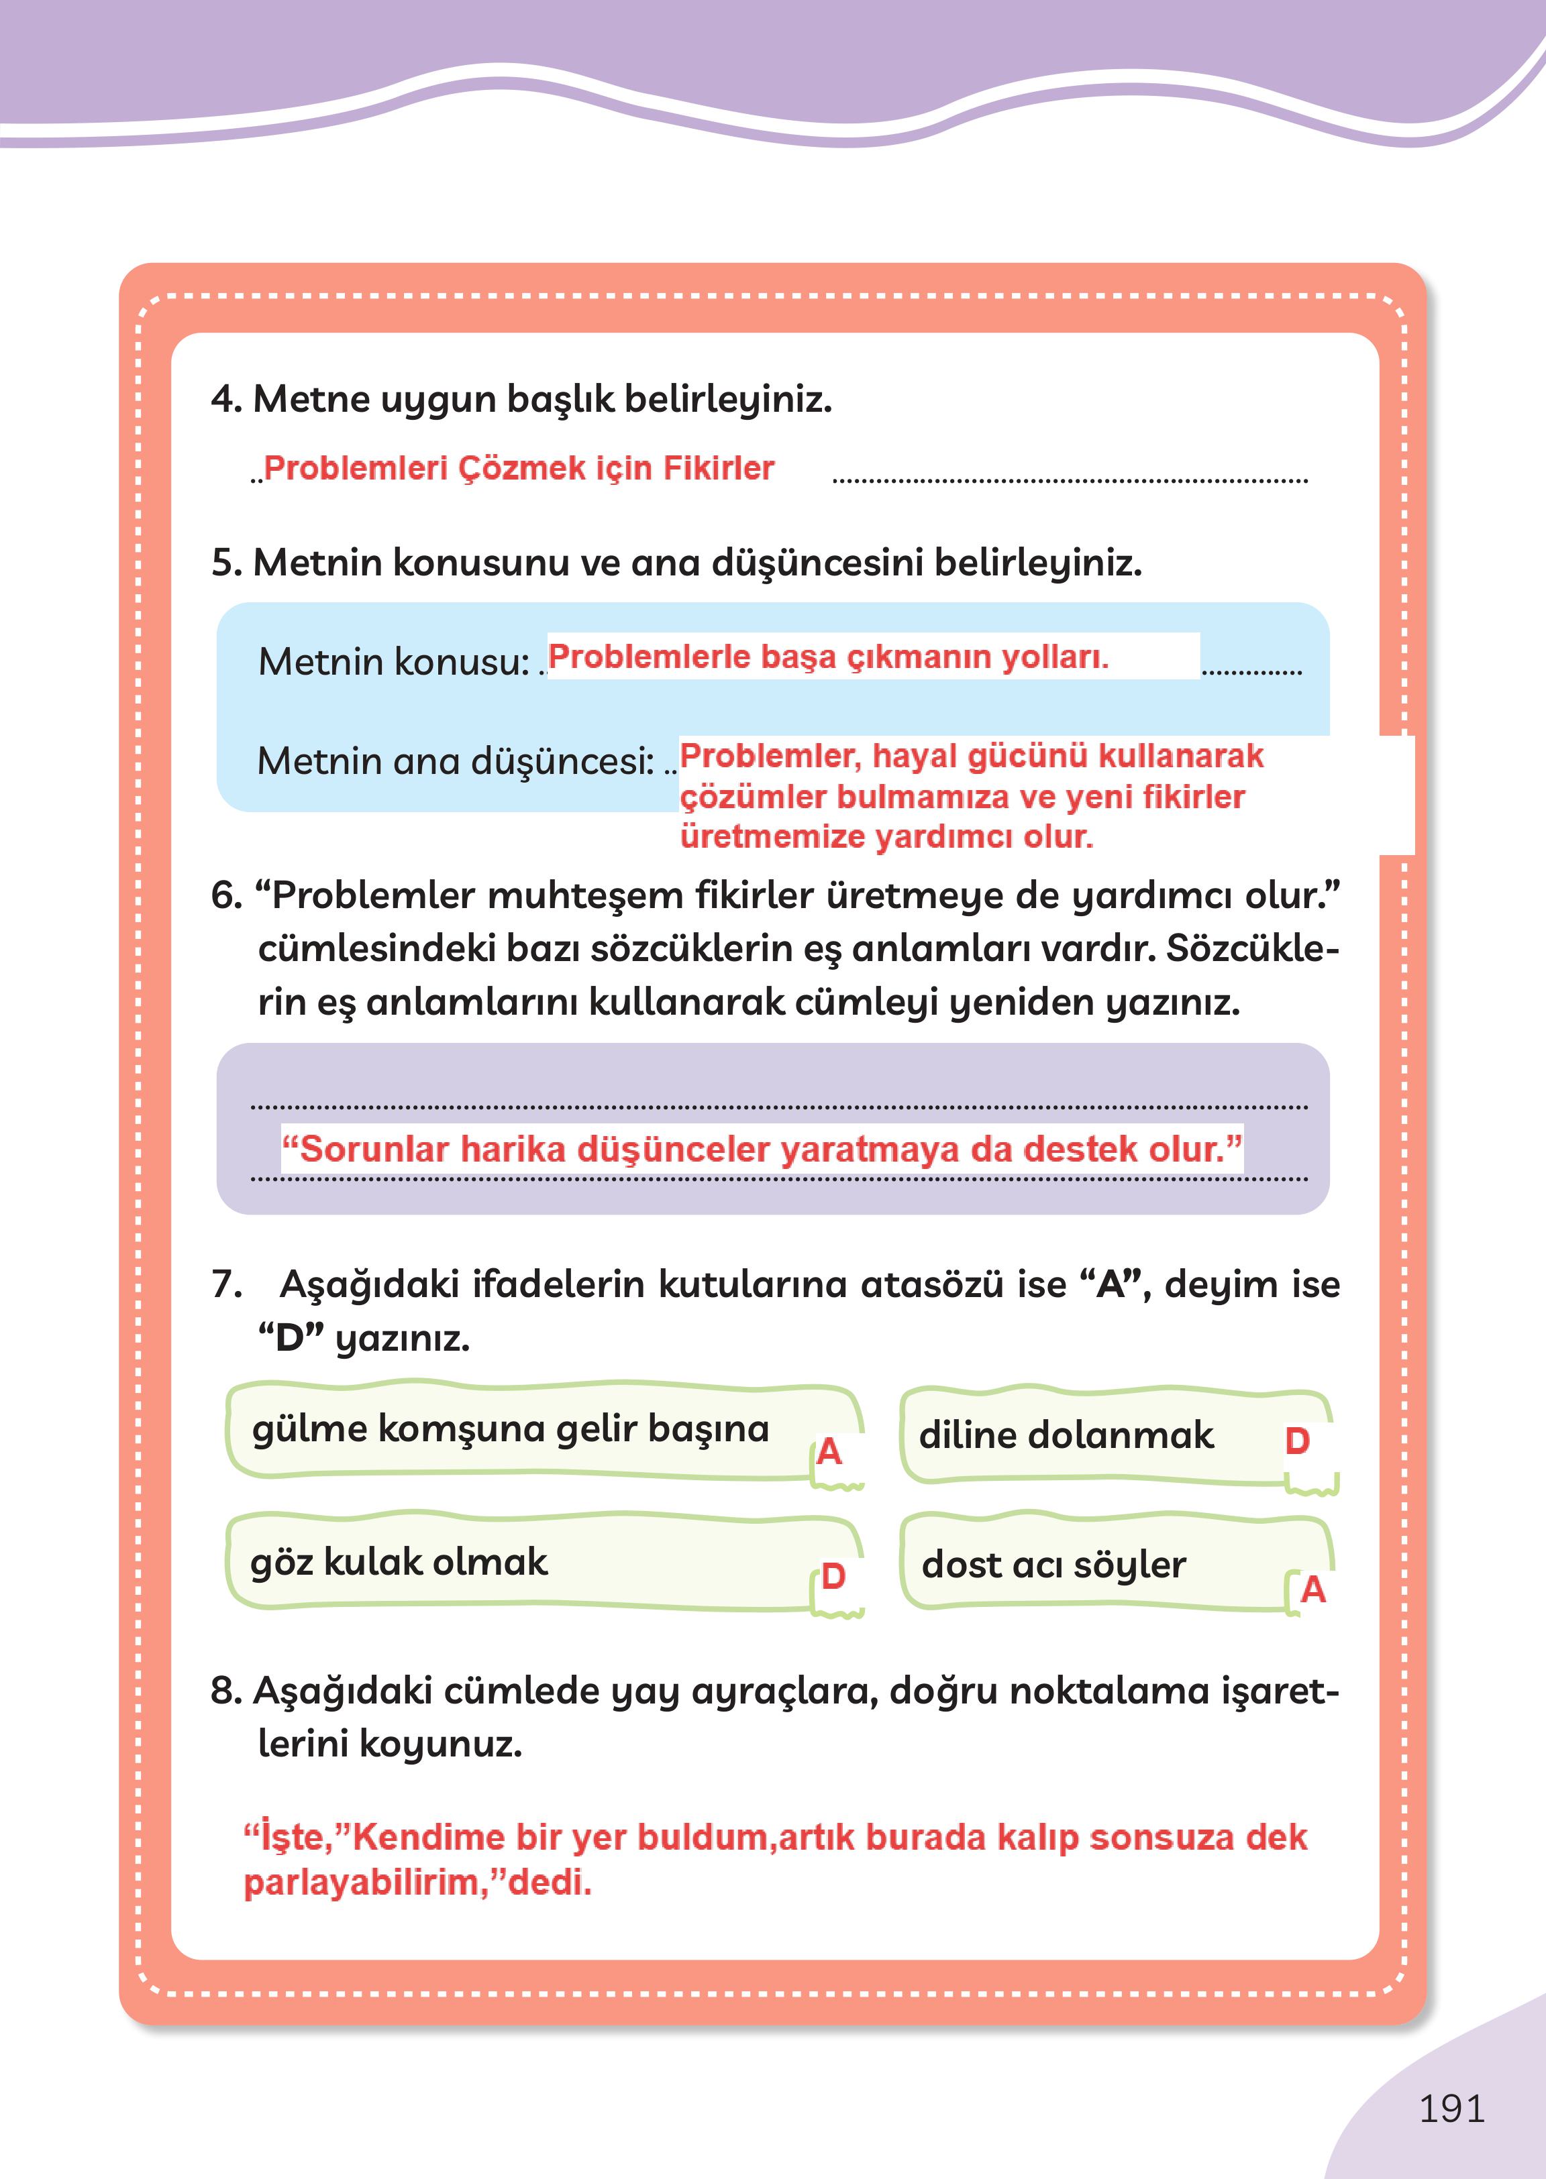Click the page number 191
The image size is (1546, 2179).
coord(1451,2108)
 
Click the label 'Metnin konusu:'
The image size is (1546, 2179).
coord(393,661)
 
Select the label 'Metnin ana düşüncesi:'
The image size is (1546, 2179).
coord(455,761)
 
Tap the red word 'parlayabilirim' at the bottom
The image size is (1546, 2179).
coord(364,1882)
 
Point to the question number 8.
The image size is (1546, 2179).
coord(225,1691)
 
